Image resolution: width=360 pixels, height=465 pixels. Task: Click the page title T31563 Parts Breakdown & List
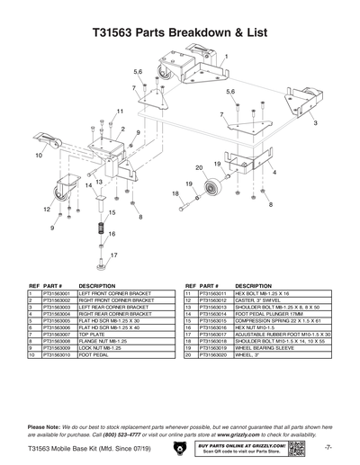click(x=179, y=31)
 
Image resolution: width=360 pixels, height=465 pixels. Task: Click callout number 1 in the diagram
click(x=226, y=57)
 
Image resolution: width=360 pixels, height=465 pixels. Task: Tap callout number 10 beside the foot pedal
click(x=39, y=156)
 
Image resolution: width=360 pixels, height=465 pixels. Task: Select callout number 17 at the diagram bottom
click(x=113, y=255)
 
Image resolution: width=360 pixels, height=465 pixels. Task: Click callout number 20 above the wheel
click(x=198, y=167)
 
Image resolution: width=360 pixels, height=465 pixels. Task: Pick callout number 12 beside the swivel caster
click(x=46, y=209)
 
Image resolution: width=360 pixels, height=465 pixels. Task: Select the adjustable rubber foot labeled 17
click(x=102, y=267)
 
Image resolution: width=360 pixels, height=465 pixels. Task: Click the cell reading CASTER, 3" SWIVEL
click(x=262, y=300)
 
